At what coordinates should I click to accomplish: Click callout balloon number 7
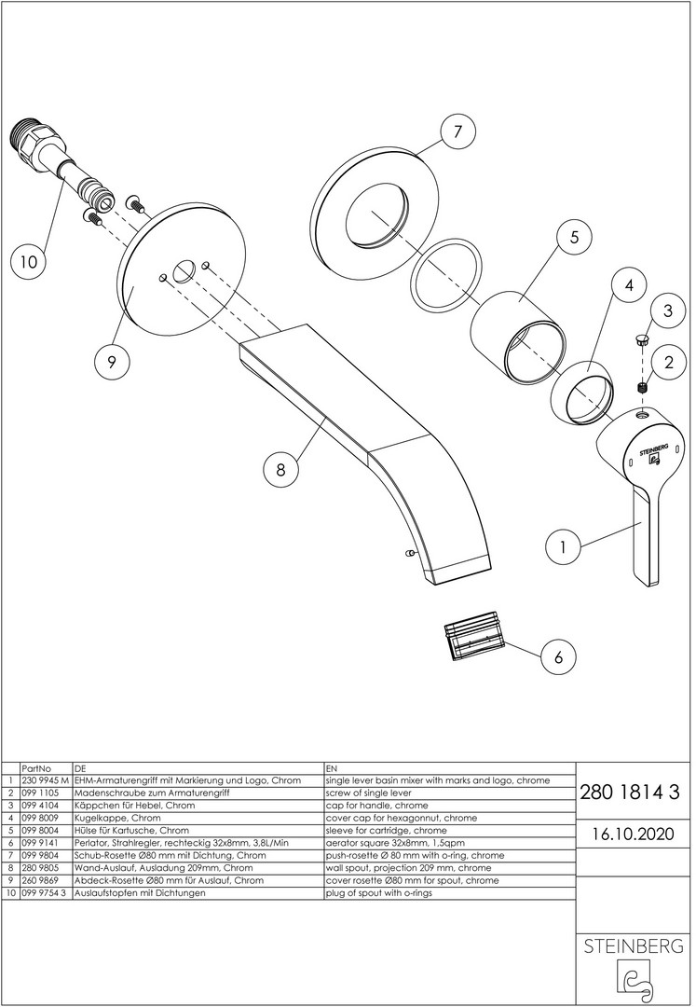tap(457, 133)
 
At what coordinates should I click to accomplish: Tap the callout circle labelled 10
tap(29, 263)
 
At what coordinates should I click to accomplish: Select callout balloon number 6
tap(558, 656)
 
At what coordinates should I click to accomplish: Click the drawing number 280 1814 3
tap(630, 793)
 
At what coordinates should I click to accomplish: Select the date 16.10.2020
tap(630, 833)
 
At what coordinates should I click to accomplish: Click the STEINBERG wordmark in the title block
tap(634, 946)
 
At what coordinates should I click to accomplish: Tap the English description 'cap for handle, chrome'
tap(376, 805)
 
